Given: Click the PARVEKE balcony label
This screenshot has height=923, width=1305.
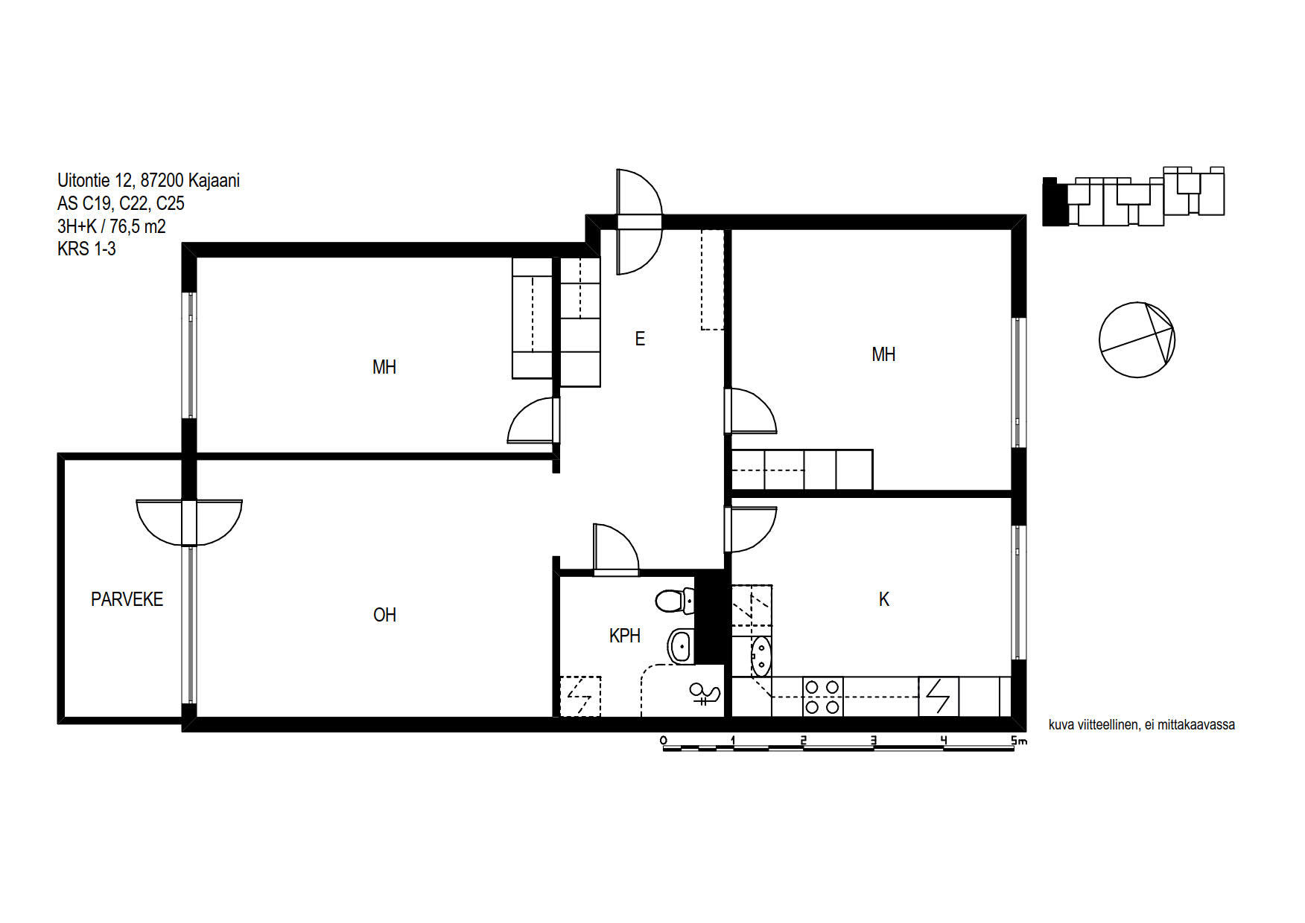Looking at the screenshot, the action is tap(127, 599).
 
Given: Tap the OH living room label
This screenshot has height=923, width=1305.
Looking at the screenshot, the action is tap(384, 615).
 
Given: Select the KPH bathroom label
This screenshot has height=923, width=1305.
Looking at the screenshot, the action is tap(625, 636).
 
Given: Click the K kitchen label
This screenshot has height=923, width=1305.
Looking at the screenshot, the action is tap(884, 599).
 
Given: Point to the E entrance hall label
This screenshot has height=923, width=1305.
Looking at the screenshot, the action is tap(640, 339).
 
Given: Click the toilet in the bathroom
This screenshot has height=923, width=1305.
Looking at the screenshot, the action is tap(675, 601).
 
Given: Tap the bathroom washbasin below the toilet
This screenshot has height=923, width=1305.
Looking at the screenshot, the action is tap(681, 647).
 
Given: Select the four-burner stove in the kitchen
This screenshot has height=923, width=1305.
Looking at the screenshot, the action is tap(823, 697).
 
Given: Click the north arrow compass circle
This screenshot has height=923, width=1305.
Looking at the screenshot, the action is tap(1137, 340).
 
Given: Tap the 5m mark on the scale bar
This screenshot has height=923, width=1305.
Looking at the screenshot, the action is tap(1018, 741).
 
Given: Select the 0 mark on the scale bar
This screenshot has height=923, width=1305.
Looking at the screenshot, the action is tap(663, 741).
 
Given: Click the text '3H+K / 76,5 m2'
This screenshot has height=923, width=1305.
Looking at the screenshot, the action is tap(112, 226).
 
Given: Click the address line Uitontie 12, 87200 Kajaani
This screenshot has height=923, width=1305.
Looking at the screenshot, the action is tap(148, 180).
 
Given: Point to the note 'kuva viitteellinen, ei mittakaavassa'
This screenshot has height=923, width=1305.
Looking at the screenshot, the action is tap(1142, 724).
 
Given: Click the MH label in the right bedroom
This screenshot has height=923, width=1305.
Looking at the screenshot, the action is tap(883, 354).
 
